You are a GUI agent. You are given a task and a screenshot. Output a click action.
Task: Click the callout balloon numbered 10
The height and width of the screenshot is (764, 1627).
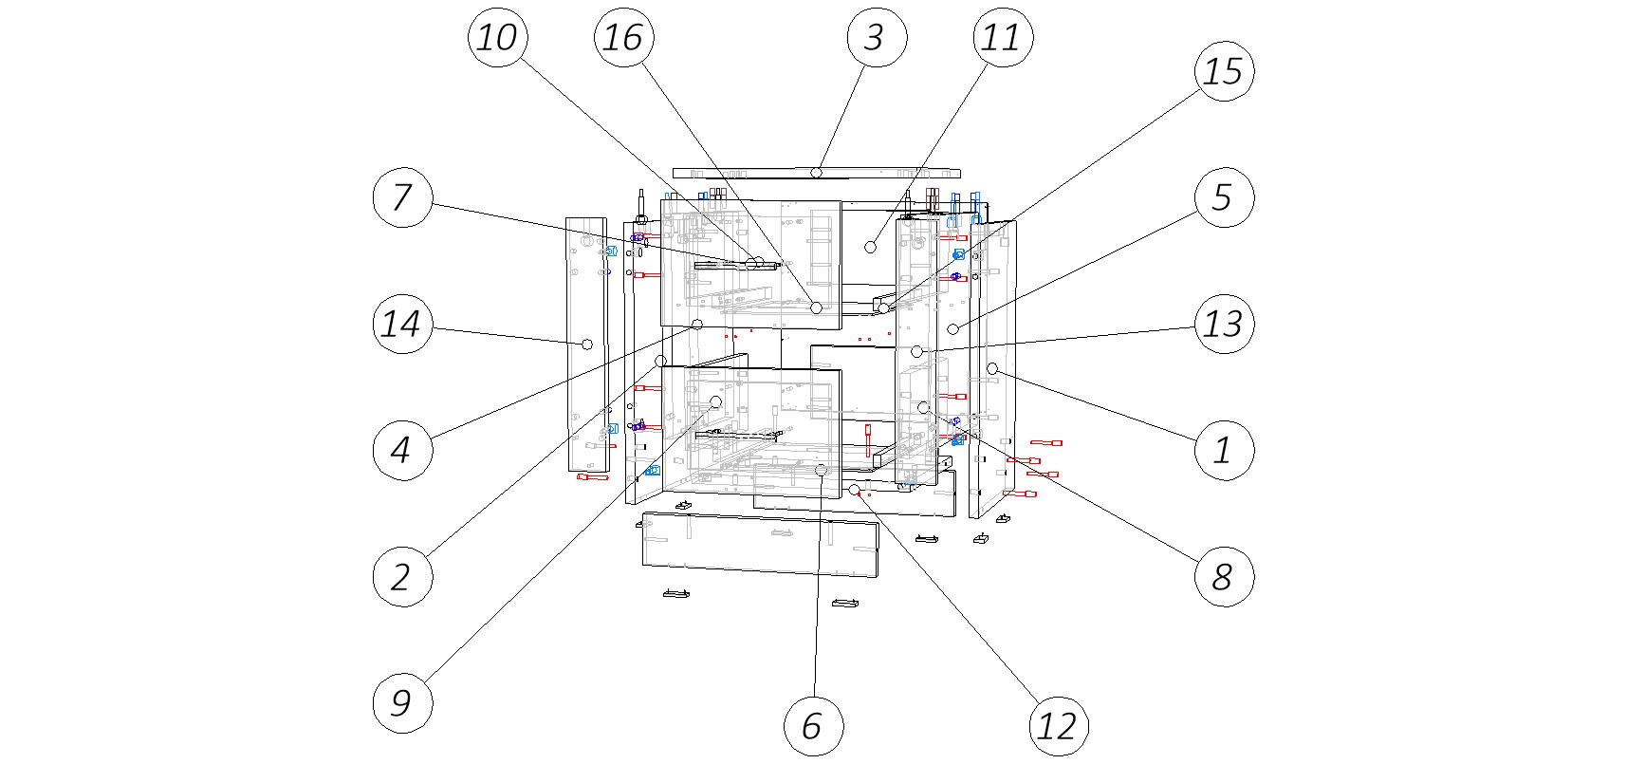[x=497, y=38]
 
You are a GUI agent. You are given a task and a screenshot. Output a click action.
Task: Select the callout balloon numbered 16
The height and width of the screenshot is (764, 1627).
[x=623, y=38]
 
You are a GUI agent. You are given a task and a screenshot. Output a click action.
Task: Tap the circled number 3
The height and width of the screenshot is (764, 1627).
[x=876, y=38]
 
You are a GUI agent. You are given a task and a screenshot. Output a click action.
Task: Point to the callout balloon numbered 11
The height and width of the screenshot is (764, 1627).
[x=1002, y=38]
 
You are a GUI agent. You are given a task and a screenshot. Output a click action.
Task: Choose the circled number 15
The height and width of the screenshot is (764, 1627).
[x=1224, y=70]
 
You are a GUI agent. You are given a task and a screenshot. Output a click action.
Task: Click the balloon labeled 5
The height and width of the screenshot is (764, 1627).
[x=1224, y=197]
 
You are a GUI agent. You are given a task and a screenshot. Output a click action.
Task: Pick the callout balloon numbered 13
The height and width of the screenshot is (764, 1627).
[x=1224, y=324]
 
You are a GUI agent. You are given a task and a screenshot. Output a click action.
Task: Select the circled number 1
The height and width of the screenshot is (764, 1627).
[x=1224, y=450]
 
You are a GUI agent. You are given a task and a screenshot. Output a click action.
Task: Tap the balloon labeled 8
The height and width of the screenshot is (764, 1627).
[x=1224, y=576]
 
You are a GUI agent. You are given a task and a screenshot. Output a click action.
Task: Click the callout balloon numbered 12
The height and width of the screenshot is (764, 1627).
[x=1058, y=726]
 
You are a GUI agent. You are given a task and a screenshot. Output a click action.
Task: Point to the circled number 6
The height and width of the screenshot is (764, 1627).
[x=813, y=726]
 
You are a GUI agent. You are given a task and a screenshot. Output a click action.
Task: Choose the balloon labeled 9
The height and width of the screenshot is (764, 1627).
[x=402, y=703]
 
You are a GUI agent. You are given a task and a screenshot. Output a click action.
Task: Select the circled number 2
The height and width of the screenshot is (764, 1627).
[x=402, y=576]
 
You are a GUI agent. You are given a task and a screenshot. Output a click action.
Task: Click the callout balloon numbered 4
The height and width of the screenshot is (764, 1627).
[x=402, y=450]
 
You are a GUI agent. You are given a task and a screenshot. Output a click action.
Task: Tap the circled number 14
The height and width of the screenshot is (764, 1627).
[x=402, y=324]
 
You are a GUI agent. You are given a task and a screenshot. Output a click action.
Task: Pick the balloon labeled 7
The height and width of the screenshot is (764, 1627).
[x=402, y=197]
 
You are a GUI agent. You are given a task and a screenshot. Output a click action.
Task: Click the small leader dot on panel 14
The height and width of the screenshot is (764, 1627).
[x=586, y=344]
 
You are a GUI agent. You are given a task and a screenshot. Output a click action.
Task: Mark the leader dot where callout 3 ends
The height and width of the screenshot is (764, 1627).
[x=816, y=173]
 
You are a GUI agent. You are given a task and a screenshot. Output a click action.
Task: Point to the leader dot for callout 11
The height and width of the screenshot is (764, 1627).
[x=870, y=247]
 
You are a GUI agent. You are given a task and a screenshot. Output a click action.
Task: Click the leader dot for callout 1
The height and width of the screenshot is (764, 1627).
[x=992, y=368]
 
